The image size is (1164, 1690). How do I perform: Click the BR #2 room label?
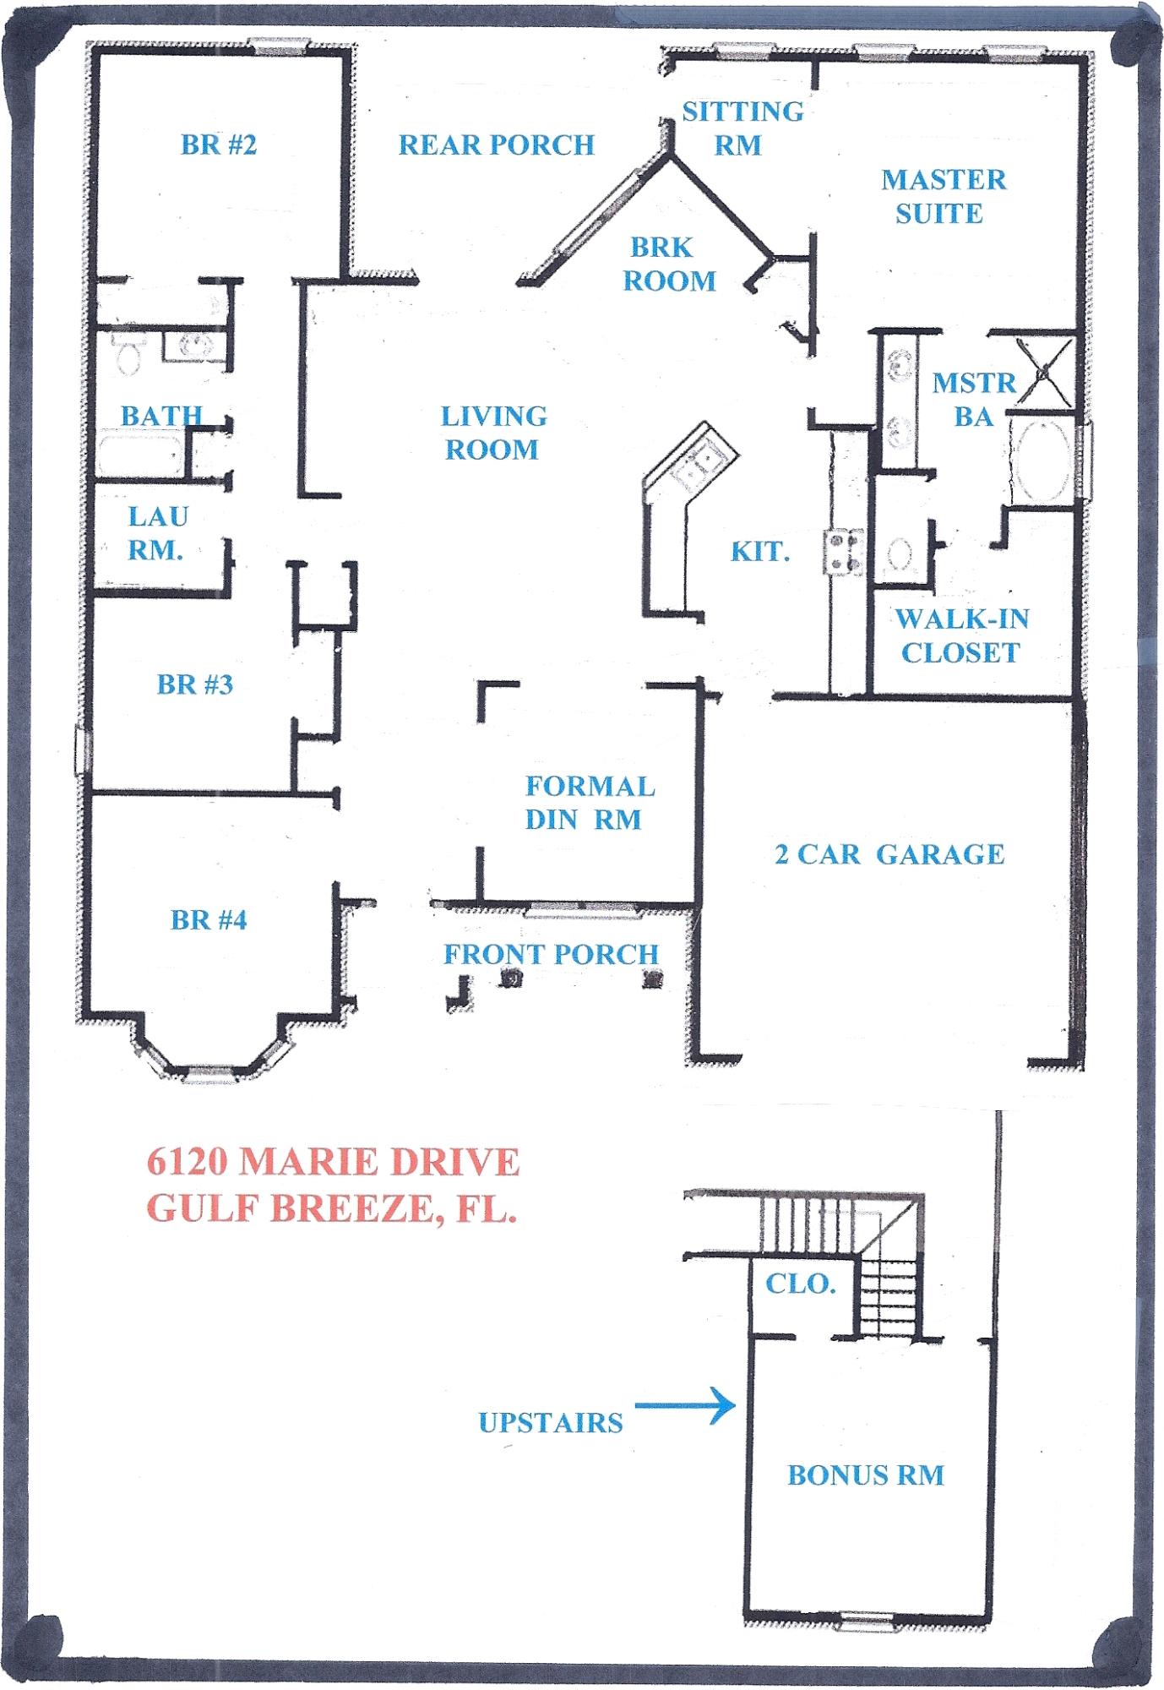point(218,145)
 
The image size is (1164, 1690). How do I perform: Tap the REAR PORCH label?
point(497,145)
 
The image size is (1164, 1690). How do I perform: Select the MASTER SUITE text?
point(943,196)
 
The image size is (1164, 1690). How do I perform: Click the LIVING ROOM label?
point(493,433)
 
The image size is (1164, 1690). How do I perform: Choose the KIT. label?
point(759,552)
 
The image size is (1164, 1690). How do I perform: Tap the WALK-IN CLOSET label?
point(961,635)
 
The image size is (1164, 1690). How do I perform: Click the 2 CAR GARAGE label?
point(889,854)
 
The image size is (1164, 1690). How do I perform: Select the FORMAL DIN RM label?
point(589,803)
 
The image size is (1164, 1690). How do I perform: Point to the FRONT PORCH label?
point(551,954)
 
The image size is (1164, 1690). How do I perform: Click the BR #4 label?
point(209,919)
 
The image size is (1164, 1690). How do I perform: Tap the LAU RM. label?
point(157,533)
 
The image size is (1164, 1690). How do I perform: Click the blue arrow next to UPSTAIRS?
point(684,1405)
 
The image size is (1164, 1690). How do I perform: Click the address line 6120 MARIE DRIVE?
point(333,1162)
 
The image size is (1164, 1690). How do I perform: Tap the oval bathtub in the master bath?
point(1041,461)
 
